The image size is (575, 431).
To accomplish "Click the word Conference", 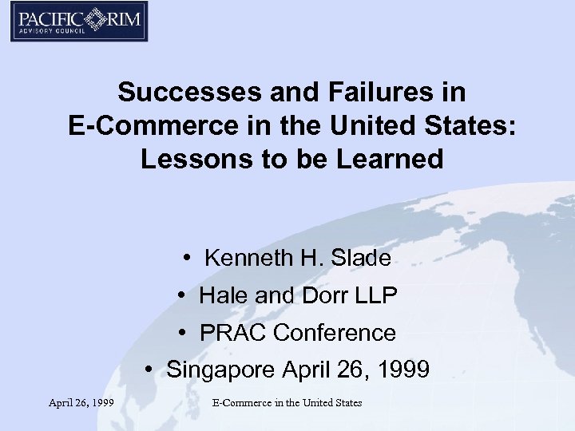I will (x=335, y=332).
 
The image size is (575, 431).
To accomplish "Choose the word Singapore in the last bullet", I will (x=220, y=370).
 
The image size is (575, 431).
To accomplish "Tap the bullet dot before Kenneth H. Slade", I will (x=184, y=258).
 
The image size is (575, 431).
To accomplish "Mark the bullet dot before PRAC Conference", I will (x=184, y=332).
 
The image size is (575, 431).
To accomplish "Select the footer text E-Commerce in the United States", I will (x=287, y=403).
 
